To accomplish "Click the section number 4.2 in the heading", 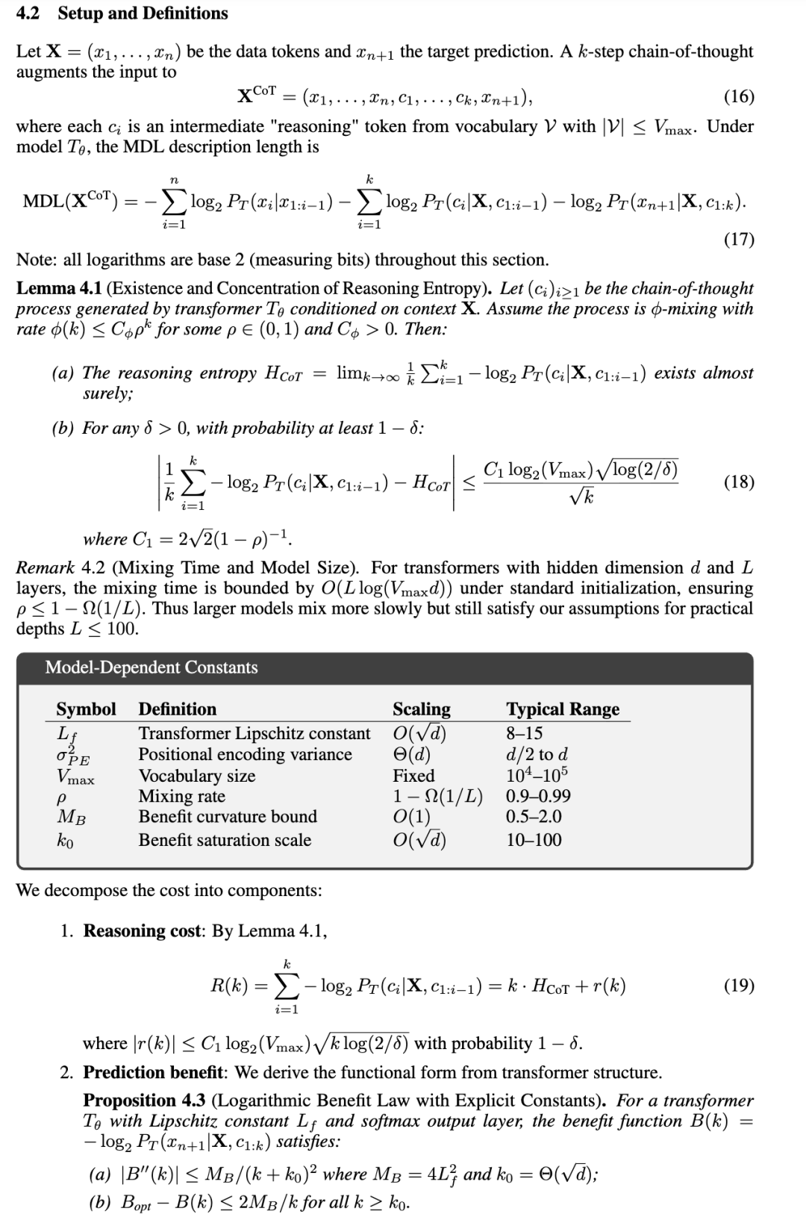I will pyautogui.click(x=29, y=13).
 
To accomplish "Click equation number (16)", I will pyautogui.click(x=739, y=96).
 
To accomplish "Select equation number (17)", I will pyautogui.click(x=739, y=239).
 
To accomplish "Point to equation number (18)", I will pyautogui.click(x=739, y=482).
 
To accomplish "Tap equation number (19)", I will pyautogui.click(x=739, y=986).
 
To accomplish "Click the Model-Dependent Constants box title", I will pyautogui.click(x=151, y=668).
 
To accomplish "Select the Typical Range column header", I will pyautogui.click(x=563, y=709).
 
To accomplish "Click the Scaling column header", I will pyautogui.click(x=422, y=709).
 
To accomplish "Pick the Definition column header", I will pyautogui.click(x=178, y=709).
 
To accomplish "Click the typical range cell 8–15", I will pyautogui.click(x=525, y=733).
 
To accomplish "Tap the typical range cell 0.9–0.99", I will pyautogui.click(x=538, y=796).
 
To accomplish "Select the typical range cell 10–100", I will pyautogui.click(x=534, y=840).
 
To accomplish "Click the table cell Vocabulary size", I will pyautogui.click(x=197, y=776).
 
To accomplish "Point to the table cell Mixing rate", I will pyautogui.click(x=182, y=796).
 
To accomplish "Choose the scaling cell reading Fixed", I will pyautogui.click(x=413, y=776).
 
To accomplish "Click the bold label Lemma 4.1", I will pyautogui.click(x=59, y=288).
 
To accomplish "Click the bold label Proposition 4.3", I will pyautogui.click(x=145, y=1101).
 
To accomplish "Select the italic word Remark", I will pyautogui.click(x=46, y=568).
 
